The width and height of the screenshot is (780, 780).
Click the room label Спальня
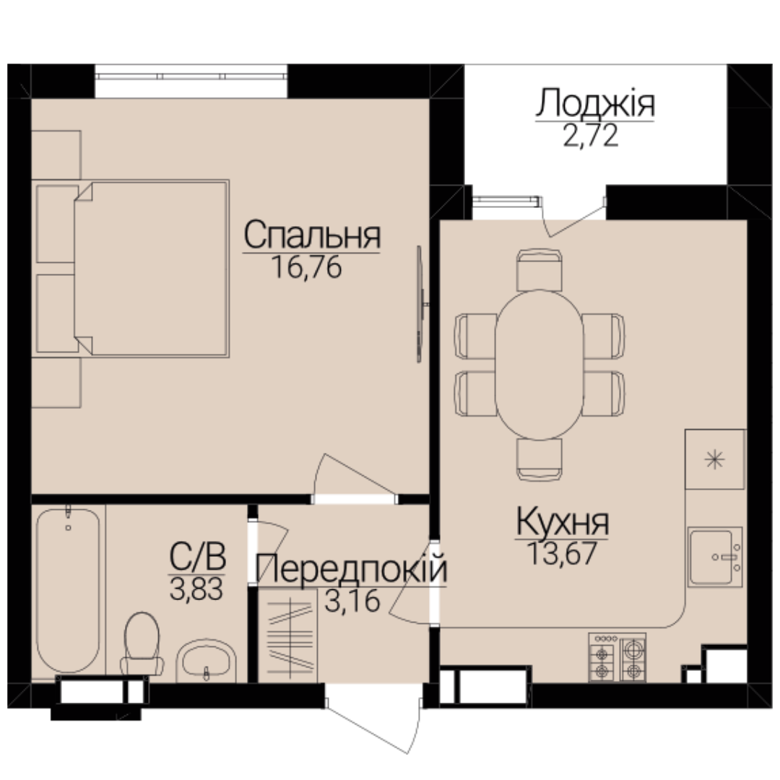tap(312, 235)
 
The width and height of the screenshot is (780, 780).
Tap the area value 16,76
tap(307, 267)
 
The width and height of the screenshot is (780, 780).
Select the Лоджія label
tap(595, 103)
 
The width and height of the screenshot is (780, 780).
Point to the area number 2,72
tap(591, 136)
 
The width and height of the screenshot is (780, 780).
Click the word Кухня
tap(562, 521)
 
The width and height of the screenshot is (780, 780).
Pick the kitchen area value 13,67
tap(562, 553)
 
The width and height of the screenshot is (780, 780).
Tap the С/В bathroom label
tap(197, 557)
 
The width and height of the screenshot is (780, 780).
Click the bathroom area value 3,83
tap(196, 589)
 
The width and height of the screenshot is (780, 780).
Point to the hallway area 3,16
tap(352, 600)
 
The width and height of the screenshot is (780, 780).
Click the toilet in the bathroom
tap(142, 643)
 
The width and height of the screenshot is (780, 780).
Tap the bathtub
tap(68, 589)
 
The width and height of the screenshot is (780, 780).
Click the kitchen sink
tap(715, 557)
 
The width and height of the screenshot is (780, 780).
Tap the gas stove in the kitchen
tap(617, 657)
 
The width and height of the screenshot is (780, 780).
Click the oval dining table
tap(539, 365)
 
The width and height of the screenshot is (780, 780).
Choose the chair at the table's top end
tap(539, 269)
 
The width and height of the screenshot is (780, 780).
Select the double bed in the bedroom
tap(130, 269)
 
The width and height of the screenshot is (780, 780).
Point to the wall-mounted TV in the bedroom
tap(420, 304)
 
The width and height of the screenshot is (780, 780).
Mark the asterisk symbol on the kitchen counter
tap(715, 459)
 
